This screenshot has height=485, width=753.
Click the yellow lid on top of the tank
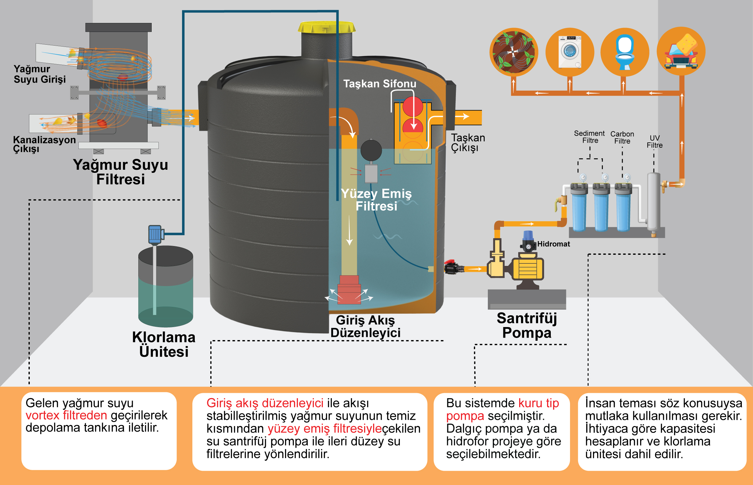[327, 27]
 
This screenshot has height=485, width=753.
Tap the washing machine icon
[569, 52]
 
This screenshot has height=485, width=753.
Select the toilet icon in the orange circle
[625, 52]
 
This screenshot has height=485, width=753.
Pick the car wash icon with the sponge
[681, 51]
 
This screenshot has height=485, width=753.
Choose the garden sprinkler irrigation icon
[514, 52]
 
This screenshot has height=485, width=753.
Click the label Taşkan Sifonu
[380, 84]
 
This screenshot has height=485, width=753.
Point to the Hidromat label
[554, 244]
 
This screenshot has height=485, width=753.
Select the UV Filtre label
[654, 142]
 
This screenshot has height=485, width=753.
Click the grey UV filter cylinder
[653, 202]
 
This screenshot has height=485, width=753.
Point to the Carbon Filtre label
[622, 138]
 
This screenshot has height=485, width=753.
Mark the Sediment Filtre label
[589, 137]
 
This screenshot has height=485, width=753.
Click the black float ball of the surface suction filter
[371, 150]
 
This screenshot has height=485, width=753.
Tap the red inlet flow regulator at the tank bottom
[349, 290]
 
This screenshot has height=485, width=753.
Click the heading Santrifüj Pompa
[527, 325]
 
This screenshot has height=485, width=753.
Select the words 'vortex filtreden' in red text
[66, 415]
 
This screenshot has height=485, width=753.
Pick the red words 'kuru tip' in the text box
[538, 403]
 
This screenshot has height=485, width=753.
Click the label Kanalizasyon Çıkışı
[44, 144]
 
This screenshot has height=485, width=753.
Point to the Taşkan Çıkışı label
[468, 142]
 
